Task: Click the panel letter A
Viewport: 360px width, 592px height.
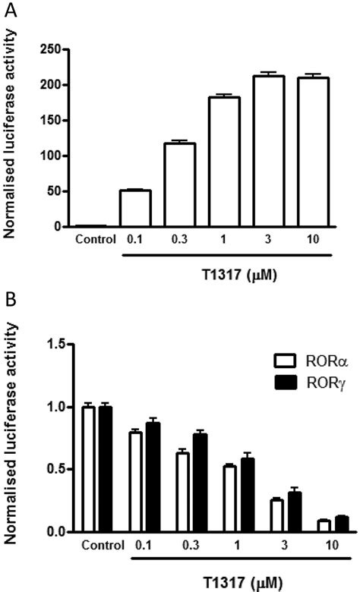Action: click(12, 11)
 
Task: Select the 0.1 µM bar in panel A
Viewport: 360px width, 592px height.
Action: click(135, 209)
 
